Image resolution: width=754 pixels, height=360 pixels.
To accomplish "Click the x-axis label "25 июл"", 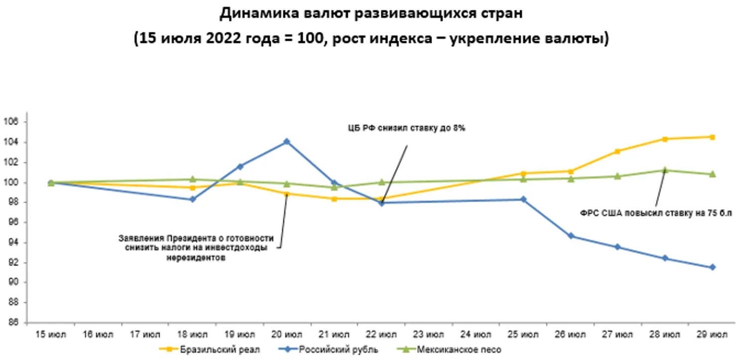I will tap(523, 335).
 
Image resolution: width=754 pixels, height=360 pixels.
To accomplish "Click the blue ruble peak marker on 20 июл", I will tap(287, 141).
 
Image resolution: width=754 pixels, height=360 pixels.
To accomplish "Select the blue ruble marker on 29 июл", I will tap(712, 267).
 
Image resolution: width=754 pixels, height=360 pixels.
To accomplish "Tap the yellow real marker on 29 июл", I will tap(712, 137).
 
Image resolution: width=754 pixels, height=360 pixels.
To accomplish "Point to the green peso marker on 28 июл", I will tap(665, 170).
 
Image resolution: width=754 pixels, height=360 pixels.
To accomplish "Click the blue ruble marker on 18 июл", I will tap(193, 199).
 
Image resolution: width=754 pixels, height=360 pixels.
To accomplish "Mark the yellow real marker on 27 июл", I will tap(618, 151).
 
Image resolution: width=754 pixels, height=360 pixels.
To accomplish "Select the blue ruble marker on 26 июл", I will tap(570, 236).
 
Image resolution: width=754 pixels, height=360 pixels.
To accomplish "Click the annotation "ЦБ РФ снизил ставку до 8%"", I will tap(406, 128).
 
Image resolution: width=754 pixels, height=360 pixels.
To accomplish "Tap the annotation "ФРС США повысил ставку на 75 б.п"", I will tap(656, 213).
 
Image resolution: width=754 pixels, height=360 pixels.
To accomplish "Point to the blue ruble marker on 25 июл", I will tap(523, 199).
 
